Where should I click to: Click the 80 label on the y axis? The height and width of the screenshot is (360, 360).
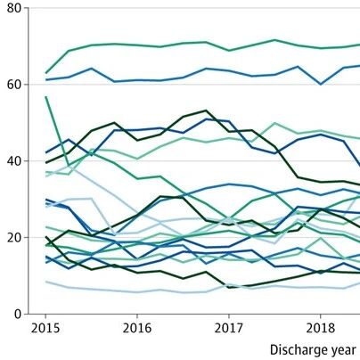pos(14,8)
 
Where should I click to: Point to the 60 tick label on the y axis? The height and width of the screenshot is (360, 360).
pos(14,85)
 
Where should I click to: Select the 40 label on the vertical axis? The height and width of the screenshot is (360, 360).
pos(14,161)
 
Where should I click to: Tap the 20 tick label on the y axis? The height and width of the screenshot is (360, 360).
pos(14,238)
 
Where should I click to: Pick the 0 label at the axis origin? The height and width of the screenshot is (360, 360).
pos(18,314)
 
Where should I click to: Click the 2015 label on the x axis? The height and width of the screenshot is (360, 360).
pos(45,328)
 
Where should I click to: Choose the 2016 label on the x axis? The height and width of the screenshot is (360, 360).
pos(137,328)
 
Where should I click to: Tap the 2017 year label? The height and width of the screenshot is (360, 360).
pos(229,328)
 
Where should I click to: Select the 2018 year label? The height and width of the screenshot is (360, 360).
pos(320,328)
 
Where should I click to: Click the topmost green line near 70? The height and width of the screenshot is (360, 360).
pos(206,42)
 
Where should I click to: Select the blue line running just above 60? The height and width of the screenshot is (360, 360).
pos(206,69)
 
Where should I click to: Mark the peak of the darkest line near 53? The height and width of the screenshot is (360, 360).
pos(206,110)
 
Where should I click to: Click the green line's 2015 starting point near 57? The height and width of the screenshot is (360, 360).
pos(45,97)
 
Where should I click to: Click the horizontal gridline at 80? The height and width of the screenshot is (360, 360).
pos(194,8)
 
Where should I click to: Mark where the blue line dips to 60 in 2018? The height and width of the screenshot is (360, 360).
pos(321,85)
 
